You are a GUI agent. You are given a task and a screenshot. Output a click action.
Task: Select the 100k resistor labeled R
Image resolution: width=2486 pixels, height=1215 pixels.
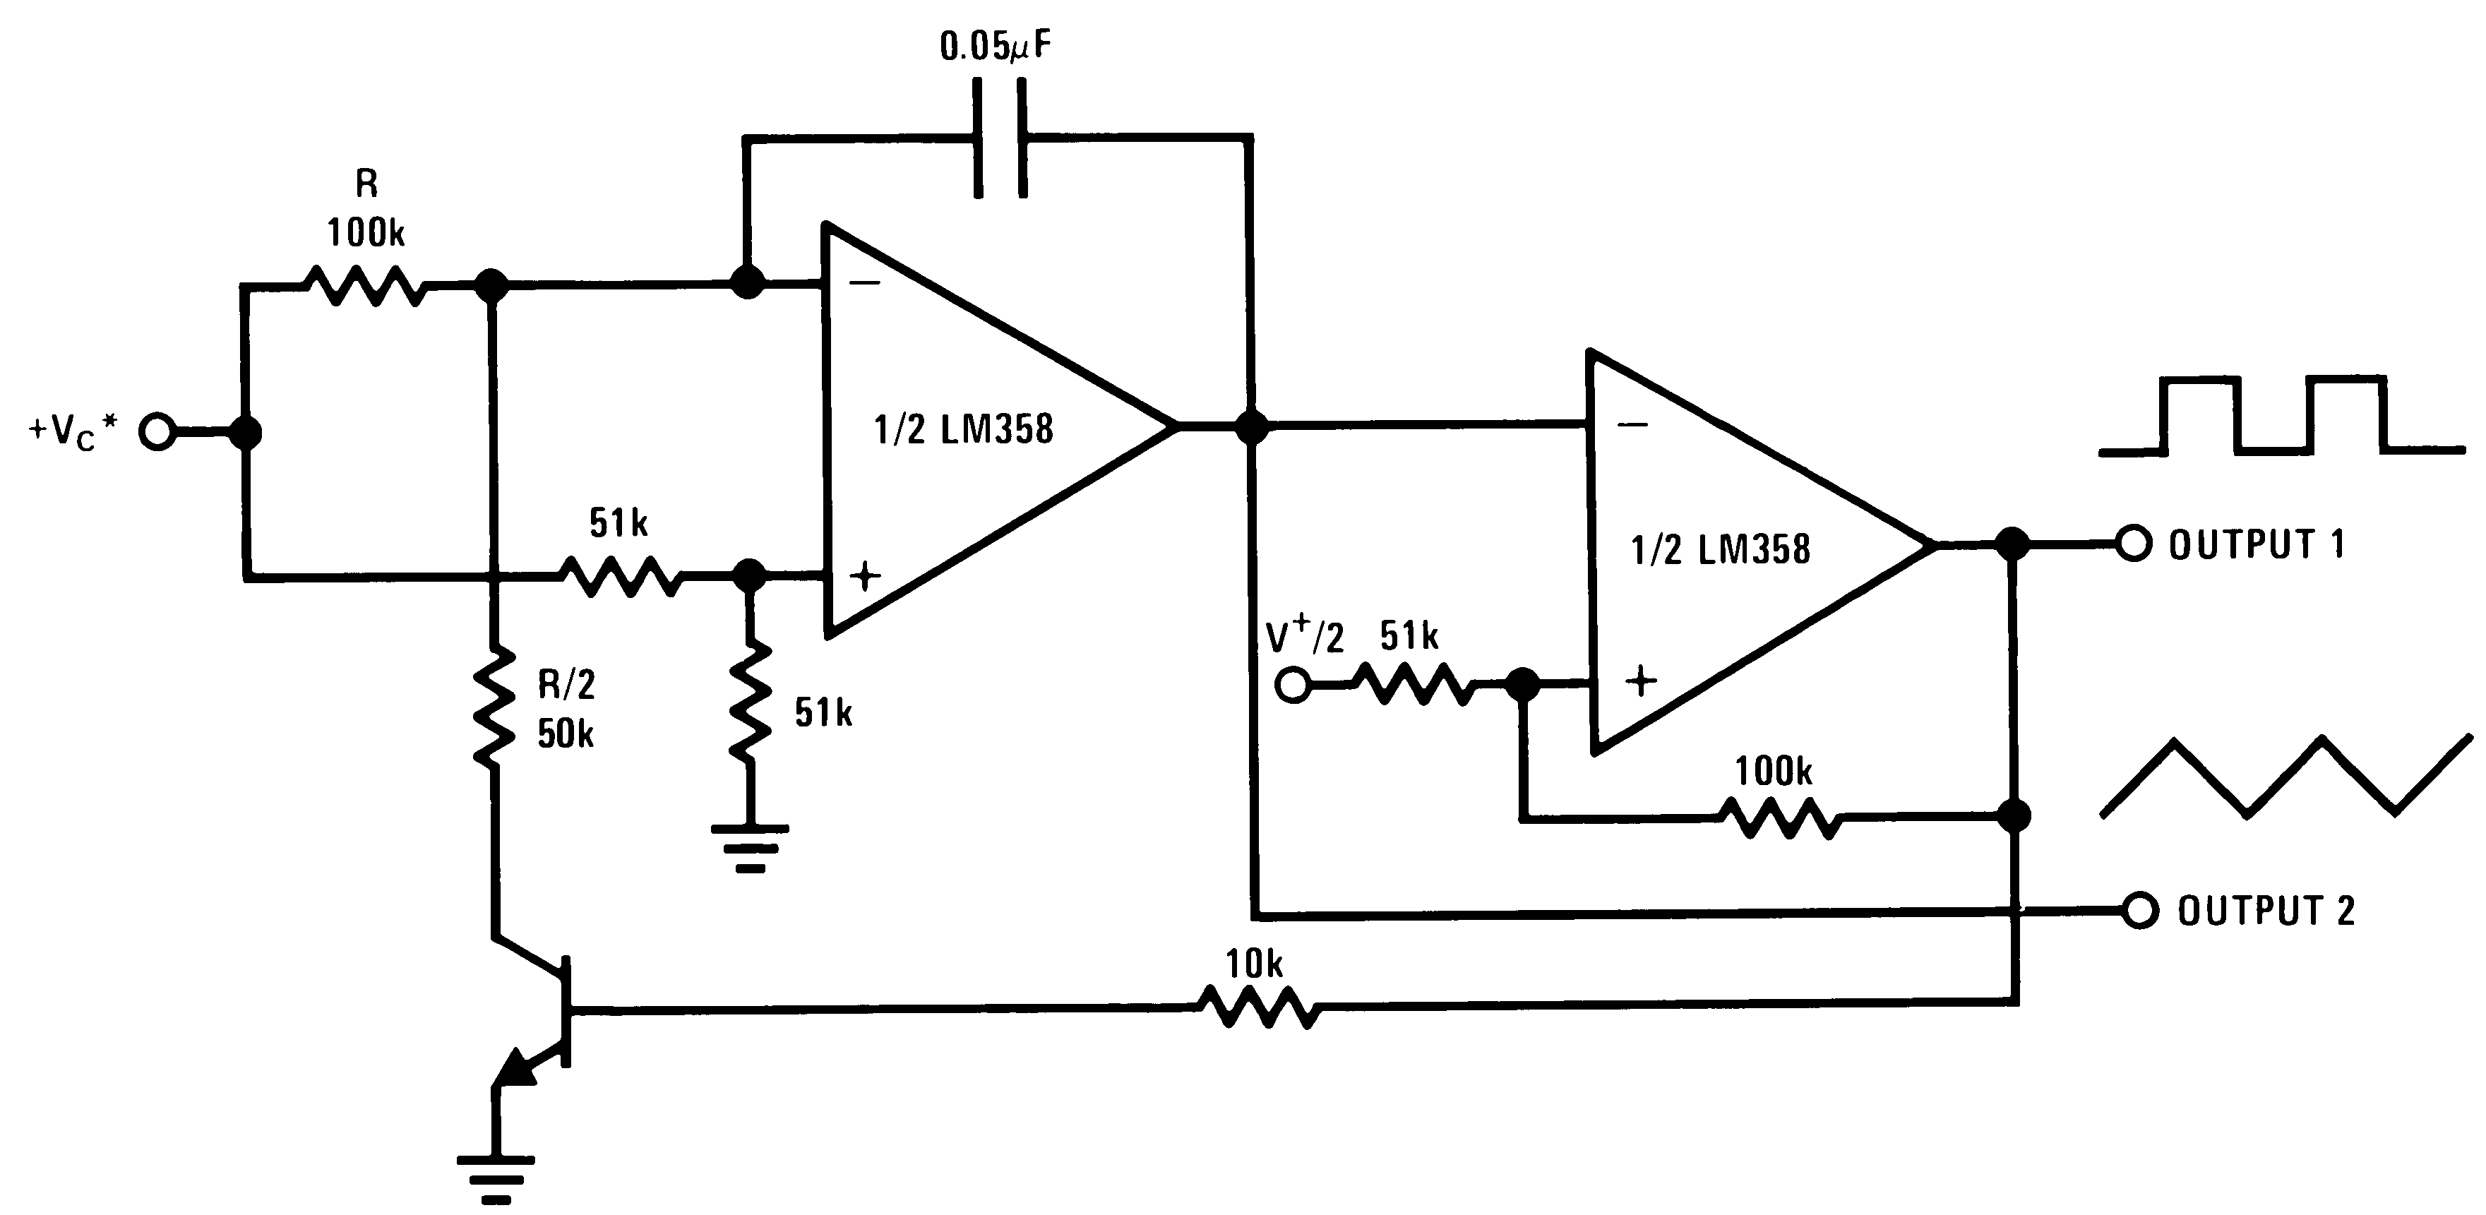(364, 286)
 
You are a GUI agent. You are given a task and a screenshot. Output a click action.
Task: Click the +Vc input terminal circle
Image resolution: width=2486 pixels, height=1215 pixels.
(157, 431)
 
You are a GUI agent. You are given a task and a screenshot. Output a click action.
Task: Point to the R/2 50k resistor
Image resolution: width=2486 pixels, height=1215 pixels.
(494, 707)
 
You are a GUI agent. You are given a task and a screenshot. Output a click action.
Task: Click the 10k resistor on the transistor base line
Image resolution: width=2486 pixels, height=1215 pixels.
(1257, 1008)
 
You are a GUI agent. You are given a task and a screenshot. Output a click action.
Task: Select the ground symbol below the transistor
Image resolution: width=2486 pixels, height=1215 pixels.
(495, 1178)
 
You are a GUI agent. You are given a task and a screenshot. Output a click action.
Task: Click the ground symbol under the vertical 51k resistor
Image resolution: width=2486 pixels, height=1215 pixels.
(750, 846)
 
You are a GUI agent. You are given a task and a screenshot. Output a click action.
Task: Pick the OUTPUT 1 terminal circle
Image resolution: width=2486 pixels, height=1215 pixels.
(2134, 544)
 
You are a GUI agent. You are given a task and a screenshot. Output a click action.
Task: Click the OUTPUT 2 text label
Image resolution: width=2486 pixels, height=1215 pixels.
(2266, 911)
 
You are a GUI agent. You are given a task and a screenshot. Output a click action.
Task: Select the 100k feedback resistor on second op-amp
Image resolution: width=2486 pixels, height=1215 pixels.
(1781, 818)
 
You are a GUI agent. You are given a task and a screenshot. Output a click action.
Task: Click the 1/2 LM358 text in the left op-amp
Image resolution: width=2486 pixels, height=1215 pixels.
(963, 429)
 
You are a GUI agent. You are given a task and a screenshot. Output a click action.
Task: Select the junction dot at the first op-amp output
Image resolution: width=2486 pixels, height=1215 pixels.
(1252, 426)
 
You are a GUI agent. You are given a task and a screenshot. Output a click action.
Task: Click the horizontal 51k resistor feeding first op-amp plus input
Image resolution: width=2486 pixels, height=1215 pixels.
(620, 576)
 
